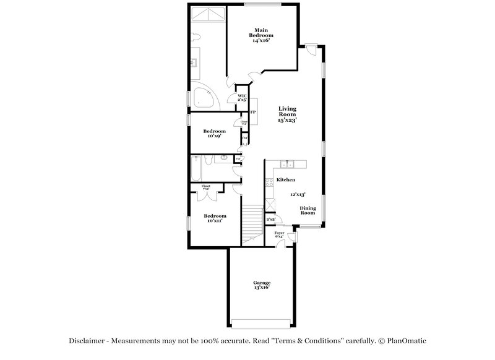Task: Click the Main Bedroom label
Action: [260, 35]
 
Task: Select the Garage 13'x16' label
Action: [261, 285]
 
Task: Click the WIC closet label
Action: [242, 98]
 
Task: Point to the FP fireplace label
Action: [252, 112]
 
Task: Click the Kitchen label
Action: [285, 179]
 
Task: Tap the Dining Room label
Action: [308, 210]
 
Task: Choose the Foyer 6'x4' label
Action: [279, 234]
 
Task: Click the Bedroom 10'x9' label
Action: [215, 134]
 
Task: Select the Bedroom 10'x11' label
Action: [215, 218]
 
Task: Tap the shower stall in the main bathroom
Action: [209, 14]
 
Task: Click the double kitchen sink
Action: [287, 164]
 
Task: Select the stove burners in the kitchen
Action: [269, 182]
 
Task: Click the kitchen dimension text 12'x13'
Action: [298, 194]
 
